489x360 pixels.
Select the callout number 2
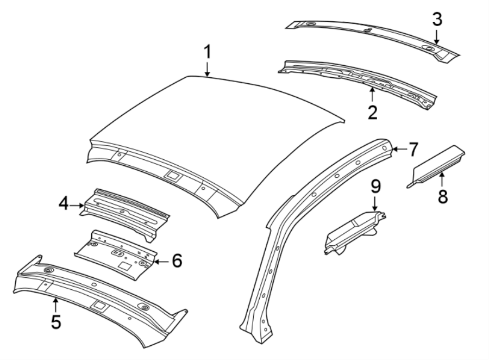click(x=372, y=113)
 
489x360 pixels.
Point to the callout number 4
click(x=64, y=205)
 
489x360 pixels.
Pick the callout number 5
click(x=56, y=321)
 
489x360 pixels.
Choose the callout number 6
click(x=176, y=261)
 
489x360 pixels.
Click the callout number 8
click(x=443, y=196)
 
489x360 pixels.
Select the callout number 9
click(x=375, y=187)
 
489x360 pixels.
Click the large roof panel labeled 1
click(x=217, y=131)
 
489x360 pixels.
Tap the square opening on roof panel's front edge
click(x=173, y=175)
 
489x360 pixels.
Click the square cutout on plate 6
click(x=126, y=265)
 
